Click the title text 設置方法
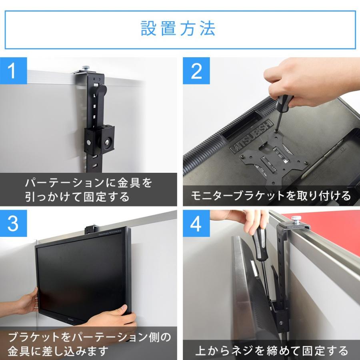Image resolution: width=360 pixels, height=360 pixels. [x=178, y=28]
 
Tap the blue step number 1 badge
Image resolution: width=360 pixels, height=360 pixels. [x=13, y=71]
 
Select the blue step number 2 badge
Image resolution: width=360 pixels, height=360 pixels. [x=196, y=71]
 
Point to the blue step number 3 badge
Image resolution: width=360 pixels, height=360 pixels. [x=13, y=223]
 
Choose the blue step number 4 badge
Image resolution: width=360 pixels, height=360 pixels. [x=196, y=223]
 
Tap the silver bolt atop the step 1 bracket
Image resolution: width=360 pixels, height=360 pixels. [x=86, y=68]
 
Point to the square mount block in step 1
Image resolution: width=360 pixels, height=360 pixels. [x=99, y=140]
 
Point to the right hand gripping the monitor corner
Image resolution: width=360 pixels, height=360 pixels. [x=112, y=318]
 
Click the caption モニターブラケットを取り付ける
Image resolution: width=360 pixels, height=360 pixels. [x=271, y=196]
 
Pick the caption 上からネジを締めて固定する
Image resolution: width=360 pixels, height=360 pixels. [x=272, y=350]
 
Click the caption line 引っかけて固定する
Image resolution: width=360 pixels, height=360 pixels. [x=77, y=197]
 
